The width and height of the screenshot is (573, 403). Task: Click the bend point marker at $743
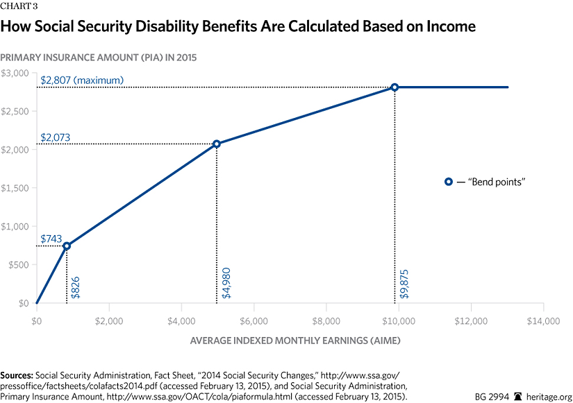pos(67,246)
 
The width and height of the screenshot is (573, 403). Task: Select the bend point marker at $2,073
pos(217,144)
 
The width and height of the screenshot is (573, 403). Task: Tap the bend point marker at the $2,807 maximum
pos(395,87)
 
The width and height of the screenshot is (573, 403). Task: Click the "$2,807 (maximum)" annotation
pos(83,80)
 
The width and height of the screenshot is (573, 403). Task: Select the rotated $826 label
pos(76,286)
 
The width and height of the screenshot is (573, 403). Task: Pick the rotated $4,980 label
pos(226,284)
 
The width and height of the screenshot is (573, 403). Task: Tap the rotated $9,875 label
pos(404,284)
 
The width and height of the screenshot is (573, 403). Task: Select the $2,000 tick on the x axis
pos(109,321)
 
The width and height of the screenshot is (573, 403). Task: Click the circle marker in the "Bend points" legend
pos(449,181)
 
